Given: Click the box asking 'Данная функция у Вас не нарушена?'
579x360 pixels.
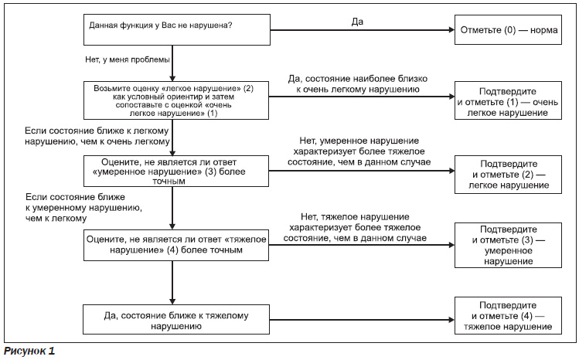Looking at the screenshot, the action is pos(177,30).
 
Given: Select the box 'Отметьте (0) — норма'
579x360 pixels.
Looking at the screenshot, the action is pos(508,30).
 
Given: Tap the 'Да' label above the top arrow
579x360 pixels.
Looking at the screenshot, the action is pos(357,22).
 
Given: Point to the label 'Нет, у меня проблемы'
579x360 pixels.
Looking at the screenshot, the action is pos(128,59).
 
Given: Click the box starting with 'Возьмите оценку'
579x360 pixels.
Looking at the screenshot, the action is pos(176,100).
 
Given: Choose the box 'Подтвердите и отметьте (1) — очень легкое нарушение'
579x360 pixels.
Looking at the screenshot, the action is pos(508,100).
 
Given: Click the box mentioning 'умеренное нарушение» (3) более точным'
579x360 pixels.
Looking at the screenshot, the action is pos(176,171).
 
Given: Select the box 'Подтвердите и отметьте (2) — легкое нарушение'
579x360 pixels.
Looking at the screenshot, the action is pos(508,175).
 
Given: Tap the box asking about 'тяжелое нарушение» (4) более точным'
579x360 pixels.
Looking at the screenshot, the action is pos(176,246).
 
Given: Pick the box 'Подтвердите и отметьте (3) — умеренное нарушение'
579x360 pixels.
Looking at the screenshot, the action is pos(508,246).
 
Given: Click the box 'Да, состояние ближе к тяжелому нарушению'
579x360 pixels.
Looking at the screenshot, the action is pos(176,319).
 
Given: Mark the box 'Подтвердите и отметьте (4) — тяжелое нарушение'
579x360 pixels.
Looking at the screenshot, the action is pos(508,316).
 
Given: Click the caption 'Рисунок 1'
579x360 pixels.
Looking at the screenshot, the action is pos(29,351).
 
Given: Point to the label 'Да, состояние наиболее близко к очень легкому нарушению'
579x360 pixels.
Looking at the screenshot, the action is pos(357,84).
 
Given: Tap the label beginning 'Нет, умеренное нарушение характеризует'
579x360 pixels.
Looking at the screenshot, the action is pos(359,151).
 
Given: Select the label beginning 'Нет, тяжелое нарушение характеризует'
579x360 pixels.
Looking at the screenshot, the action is pos(355,227).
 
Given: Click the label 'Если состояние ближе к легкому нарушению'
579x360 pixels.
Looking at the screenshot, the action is pos(97,136).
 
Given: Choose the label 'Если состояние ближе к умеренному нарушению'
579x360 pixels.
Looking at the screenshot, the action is pos(83,207).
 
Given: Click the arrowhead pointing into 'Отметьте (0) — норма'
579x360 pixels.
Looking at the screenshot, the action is pos(451,30).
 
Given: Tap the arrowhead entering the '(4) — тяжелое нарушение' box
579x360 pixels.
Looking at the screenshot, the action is pos(451,320).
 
